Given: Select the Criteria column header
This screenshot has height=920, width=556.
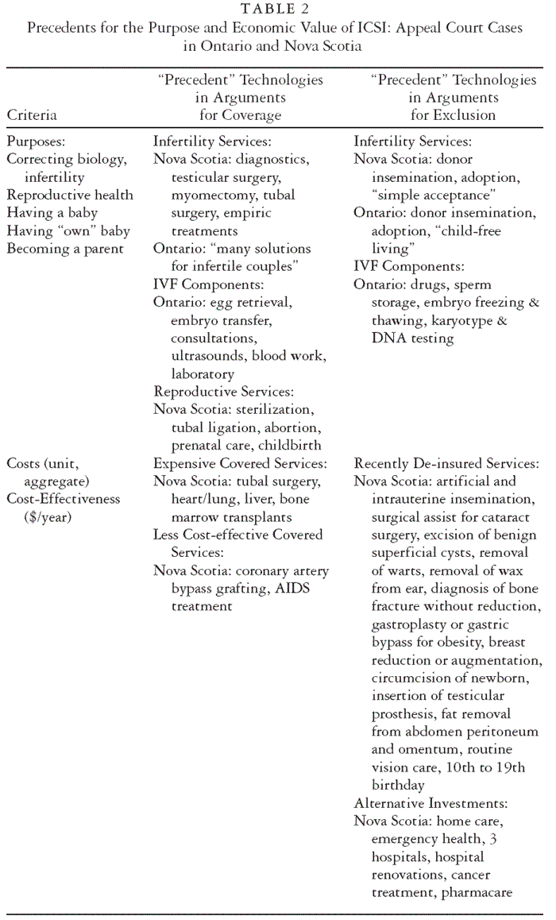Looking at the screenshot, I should point(32,114).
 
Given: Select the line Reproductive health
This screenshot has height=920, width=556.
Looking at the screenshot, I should point(70,195).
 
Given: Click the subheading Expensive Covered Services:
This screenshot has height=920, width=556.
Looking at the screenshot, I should point(239,463).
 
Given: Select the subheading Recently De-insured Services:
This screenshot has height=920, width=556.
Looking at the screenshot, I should point(447,463).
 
